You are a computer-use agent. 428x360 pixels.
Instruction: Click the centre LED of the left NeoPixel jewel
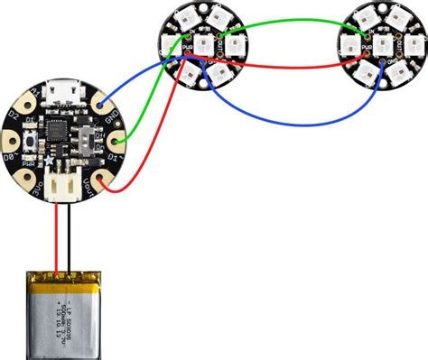[x=205, y=42]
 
